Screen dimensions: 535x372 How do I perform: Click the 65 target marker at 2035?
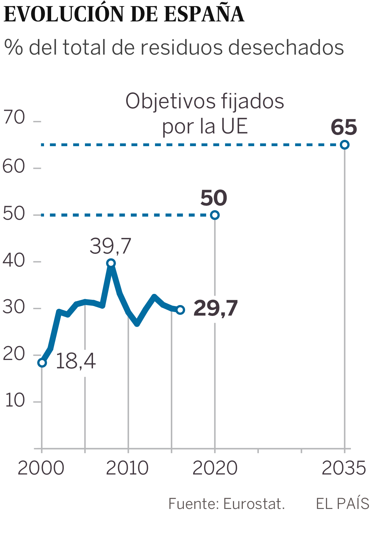point(344,145)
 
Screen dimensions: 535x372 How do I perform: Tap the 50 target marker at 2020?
point(215,215)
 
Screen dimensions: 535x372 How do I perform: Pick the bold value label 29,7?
point(215,308)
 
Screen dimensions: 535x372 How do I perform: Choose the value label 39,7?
point(110,246)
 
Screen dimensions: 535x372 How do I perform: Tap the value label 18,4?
point(76,362)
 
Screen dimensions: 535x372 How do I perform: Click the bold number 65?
point(344,128)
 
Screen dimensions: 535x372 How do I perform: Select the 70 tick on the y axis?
point(14,118)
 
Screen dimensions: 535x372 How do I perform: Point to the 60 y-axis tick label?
point(14,167)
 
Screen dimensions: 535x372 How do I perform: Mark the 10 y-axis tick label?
point(15,400)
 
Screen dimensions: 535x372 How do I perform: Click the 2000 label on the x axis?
point(41,468)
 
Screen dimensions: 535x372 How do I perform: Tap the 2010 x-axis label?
point(127,468)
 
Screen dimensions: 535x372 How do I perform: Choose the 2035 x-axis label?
point(344,468)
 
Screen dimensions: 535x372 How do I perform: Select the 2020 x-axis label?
point(215,468)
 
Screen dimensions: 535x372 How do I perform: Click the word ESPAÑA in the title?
point(204,14)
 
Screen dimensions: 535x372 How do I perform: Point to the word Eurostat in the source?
point(254,504)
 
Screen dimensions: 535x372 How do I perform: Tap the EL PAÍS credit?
point(343,503)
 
